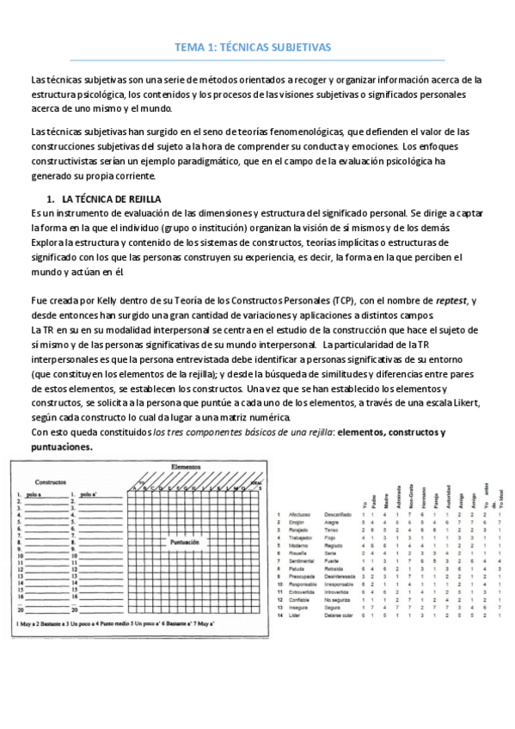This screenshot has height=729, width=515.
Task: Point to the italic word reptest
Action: (x=450, y=299)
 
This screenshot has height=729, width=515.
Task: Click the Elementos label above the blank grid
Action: (x=186, y=466)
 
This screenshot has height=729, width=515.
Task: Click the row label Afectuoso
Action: (x=300, y=514)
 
